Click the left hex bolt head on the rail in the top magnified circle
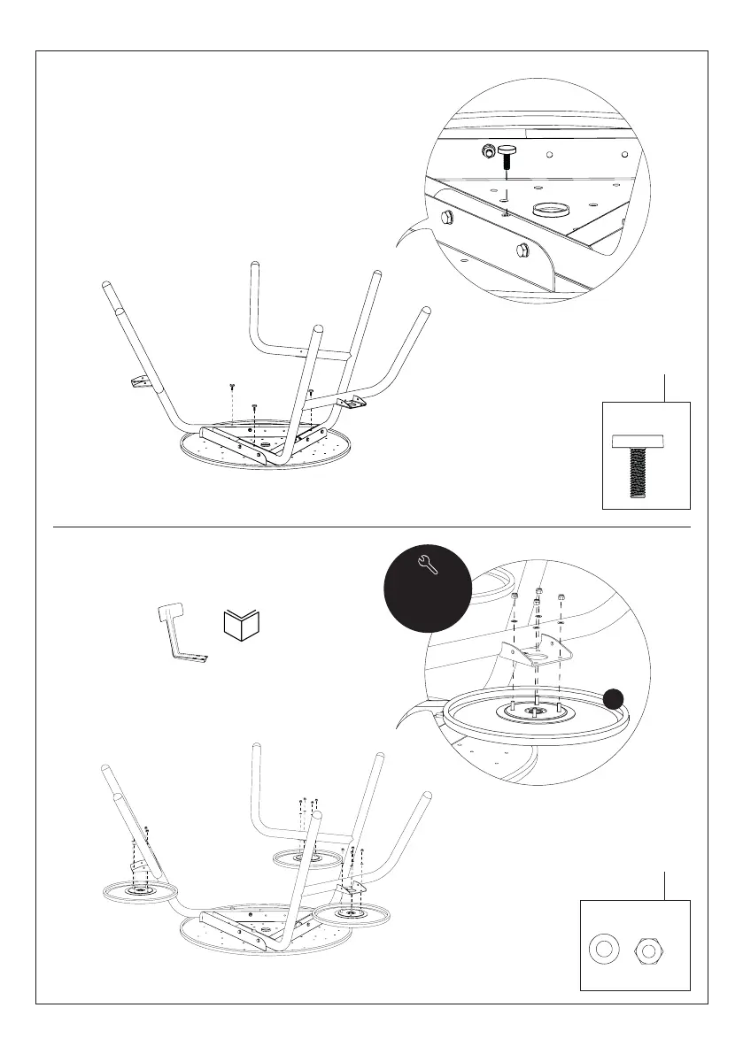(445, 218)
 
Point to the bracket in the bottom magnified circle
(535, 656)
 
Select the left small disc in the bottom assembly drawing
(141, 890)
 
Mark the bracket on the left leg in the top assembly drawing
(136, 382)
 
